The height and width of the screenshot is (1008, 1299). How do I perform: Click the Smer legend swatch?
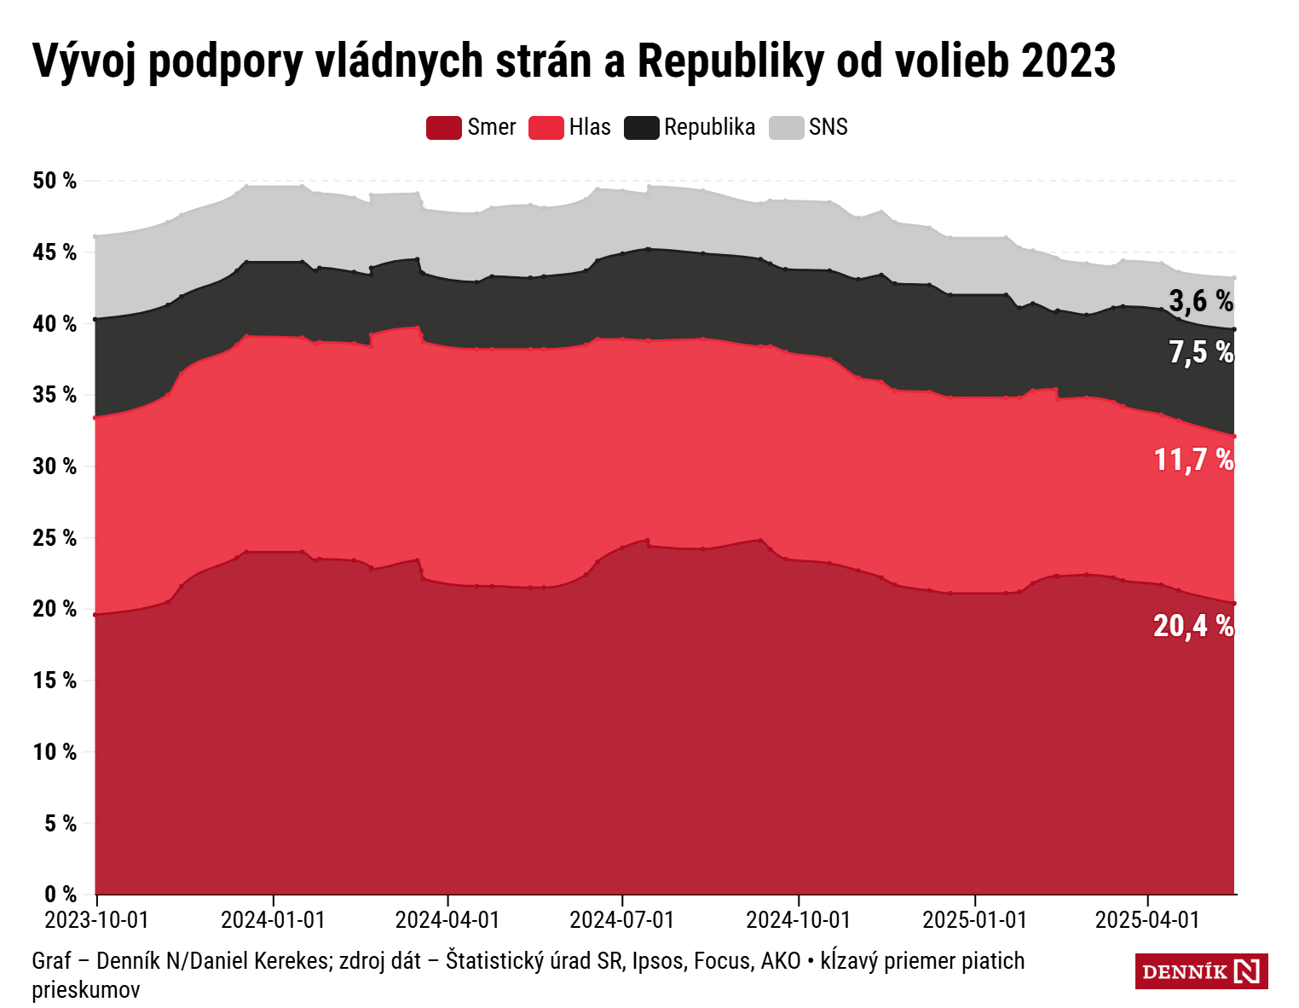point(444,128)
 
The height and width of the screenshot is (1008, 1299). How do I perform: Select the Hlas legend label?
point(590,128)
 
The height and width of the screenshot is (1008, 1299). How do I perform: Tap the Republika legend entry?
point(709,128)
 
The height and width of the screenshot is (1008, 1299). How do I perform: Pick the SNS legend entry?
point(828,128)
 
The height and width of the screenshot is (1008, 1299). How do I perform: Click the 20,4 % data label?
point(1193,626)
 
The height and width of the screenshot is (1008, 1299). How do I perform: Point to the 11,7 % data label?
point(1193,460)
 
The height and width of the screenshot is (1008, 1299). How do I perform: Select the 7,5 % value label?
point(1201,351)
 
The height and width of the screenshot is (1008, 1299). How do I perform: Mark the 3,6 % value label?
point(1201,300)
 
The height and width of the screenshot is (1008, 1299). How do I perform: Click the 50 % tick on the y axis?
point(55,181)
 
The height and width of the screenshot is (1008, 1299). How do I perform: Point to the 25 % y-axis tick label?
point(55,538)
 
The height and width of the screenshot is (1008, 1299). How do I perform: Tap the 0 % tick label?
point(60,895)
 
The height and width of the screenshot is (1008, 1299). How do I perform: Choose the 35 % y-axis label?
point(55,395)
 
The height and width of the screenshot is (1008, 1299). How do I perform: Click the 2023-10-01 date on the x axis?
point(96,920)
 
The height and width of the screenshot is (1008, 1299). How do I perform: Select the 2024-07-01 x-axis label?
point(622,920)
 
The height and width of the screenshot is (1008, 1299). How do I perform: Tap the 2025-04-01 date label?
point(1147,920)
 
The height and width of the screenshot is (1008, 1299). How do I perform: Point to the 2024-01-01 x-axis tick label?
point(273,920)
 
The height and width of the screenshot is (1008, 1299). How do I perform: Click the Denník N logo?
point(1201,971)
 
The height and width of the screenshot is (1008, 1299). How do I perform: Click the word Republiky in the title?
point(730,61)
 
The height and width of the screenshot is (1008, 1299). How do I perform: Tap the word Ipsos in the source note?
point(659,961)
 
